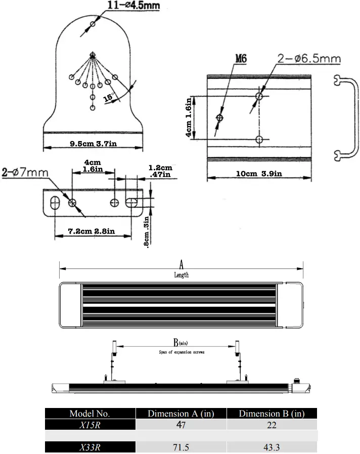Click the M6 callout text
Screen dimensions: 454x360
[241, 59]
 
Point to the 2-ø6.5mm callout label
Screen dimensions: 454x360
[309, 59]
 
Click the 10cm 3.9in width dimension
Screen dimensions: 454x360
[259, 174]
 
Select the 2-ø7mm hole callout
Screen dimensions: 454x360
[25, 172]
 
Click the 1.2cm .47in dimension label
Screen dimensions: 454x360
[160, 171]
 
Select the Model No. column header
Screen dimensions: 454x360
[89, 414]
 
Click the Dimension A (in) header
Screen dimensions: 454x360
[181, 414]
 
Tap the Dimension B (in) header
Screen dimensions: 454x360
[272, 414]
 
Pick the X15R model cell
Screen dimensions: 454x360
[89, 425]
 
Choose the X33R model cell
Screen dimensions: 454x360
[89, 447]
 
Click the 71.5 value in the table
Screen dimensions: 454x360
[181, 447]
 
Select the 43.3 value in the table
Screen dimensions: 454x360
[272, 447]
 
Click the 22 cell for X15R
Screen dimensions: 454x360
[272, 425]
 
